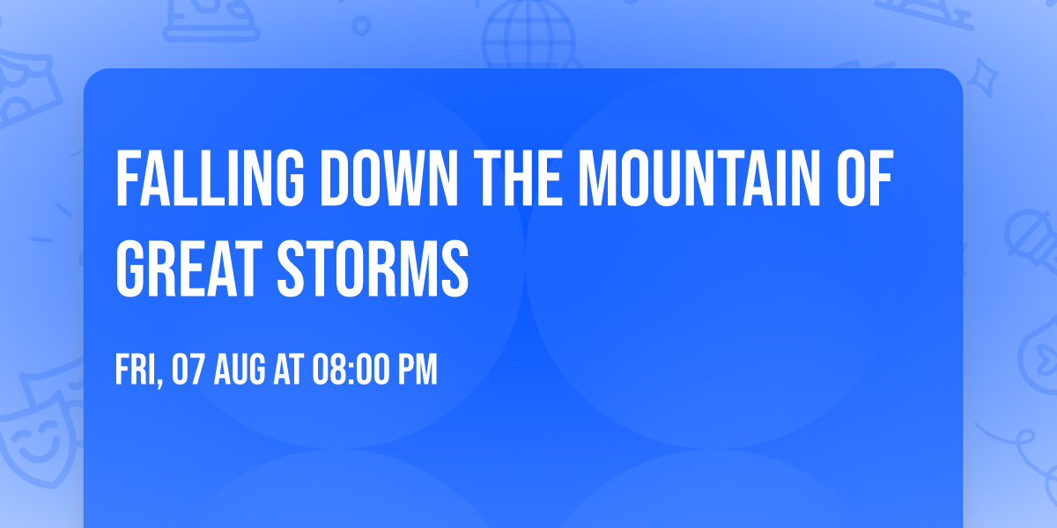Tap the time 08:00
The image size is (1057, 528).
[351, 370]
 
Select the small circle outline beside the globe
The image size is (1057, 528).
[360, 26]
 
